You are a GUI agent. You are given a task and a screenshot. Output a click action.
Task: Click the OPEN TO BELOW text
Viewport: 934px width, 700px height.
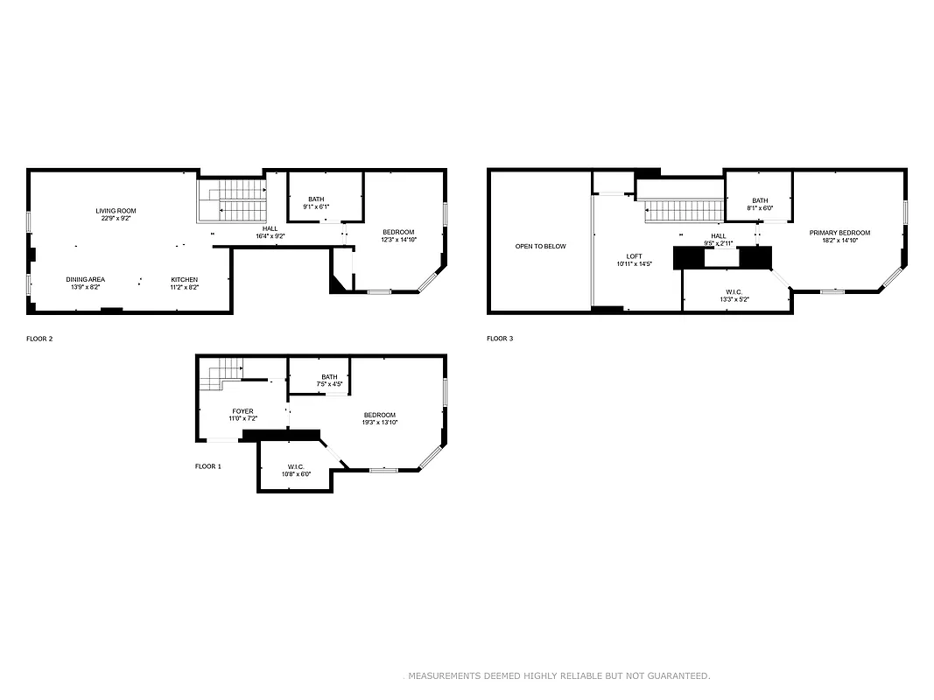[540, 247]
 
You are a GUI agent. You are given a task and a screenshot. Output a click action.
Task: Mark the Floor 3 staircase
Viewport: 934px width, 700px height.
[683, 210]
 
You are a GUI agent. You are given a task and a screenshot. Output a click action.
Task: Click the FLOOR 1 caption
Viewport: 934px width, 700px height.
[207, 466]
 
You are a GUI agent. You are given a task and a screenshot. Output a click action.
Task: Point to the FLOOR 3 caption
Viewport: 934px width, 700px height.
[500, 338]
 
